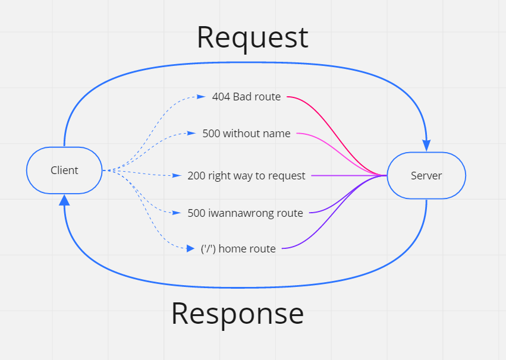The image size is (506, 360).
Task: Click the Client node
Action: coord(64,170)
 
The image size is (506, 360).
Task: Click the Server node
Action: coord(426,175)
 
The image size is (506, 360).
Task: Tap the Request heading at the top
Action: coord(252,37)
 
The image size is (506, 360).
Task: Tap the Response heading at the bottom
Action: coord(237,313)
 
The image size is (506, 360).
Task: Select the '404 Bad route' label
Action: coord(246,96)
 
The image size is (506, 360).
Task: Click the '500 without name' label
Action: coord(246,134)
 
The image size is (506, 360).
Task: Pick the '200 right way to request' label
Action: coord(246,176)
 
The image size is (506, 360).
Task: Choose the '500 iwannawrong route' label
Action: coord(245,213)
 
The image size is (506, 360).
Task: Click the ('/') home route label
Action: coord(238,249)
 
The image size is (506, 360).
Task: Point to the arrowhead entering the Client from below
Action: coord(64,200)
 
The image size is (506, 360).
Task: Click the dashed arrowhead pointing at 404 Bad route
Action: coord(202,96)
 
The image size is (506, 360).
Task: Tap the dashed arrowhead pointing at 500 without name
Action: coord(191,134)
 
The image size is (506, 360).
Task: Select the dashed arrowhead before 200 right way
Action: coord(177,176)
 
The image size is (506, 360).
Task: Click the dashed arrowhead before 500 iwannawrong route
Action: coord(177,213)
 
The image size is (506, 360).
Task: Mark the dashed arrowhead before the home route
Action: coord(190,248)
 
